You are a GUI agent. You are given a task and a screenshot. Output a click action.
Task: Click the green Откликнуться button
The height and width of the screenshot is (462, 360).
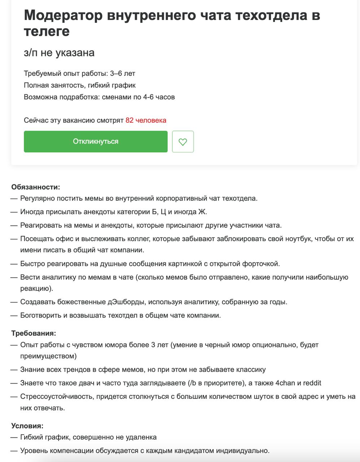click(x=96, y=141)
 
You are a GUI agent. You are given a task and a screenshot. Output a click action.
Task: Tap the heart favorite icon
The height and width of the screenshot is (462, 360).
click(x=183, y=141)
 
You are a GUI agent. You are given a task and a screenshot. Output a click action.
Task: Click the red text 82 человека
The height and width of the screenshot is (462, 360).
click(x=146, y=120)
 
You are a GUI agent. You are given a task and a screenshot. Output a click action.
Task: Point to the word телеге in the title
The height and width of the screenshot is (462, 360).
click(x=47, y=31)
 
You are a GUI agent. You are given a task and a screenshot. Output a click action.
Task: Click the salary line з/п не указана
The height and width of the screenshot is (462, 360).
click(x=59, y=53)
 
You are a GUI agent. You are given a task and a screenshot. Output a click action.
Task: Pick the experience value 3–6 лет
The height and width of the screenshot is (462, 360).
click(x=122, y=74)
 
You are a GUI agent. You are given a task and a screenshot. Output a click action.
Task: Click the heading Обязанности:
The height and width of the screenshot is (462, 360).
click(x=35, y=187)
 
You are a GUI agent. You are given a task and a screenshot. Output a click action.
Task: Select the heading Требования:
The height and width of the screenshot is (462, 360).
click(x=34, y=333)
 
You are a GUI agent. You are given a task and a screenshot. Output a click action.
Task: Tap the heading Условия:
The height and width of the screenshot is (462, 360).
click(x=27, y=426)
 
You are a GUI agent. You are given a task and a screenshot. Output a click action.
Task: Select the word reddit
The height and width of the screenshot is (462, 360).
click(x=312, y=383)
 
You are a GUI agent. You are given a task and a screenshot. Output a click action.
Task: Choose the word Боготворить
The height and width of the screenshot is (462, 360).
click(x=41, y=315)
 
